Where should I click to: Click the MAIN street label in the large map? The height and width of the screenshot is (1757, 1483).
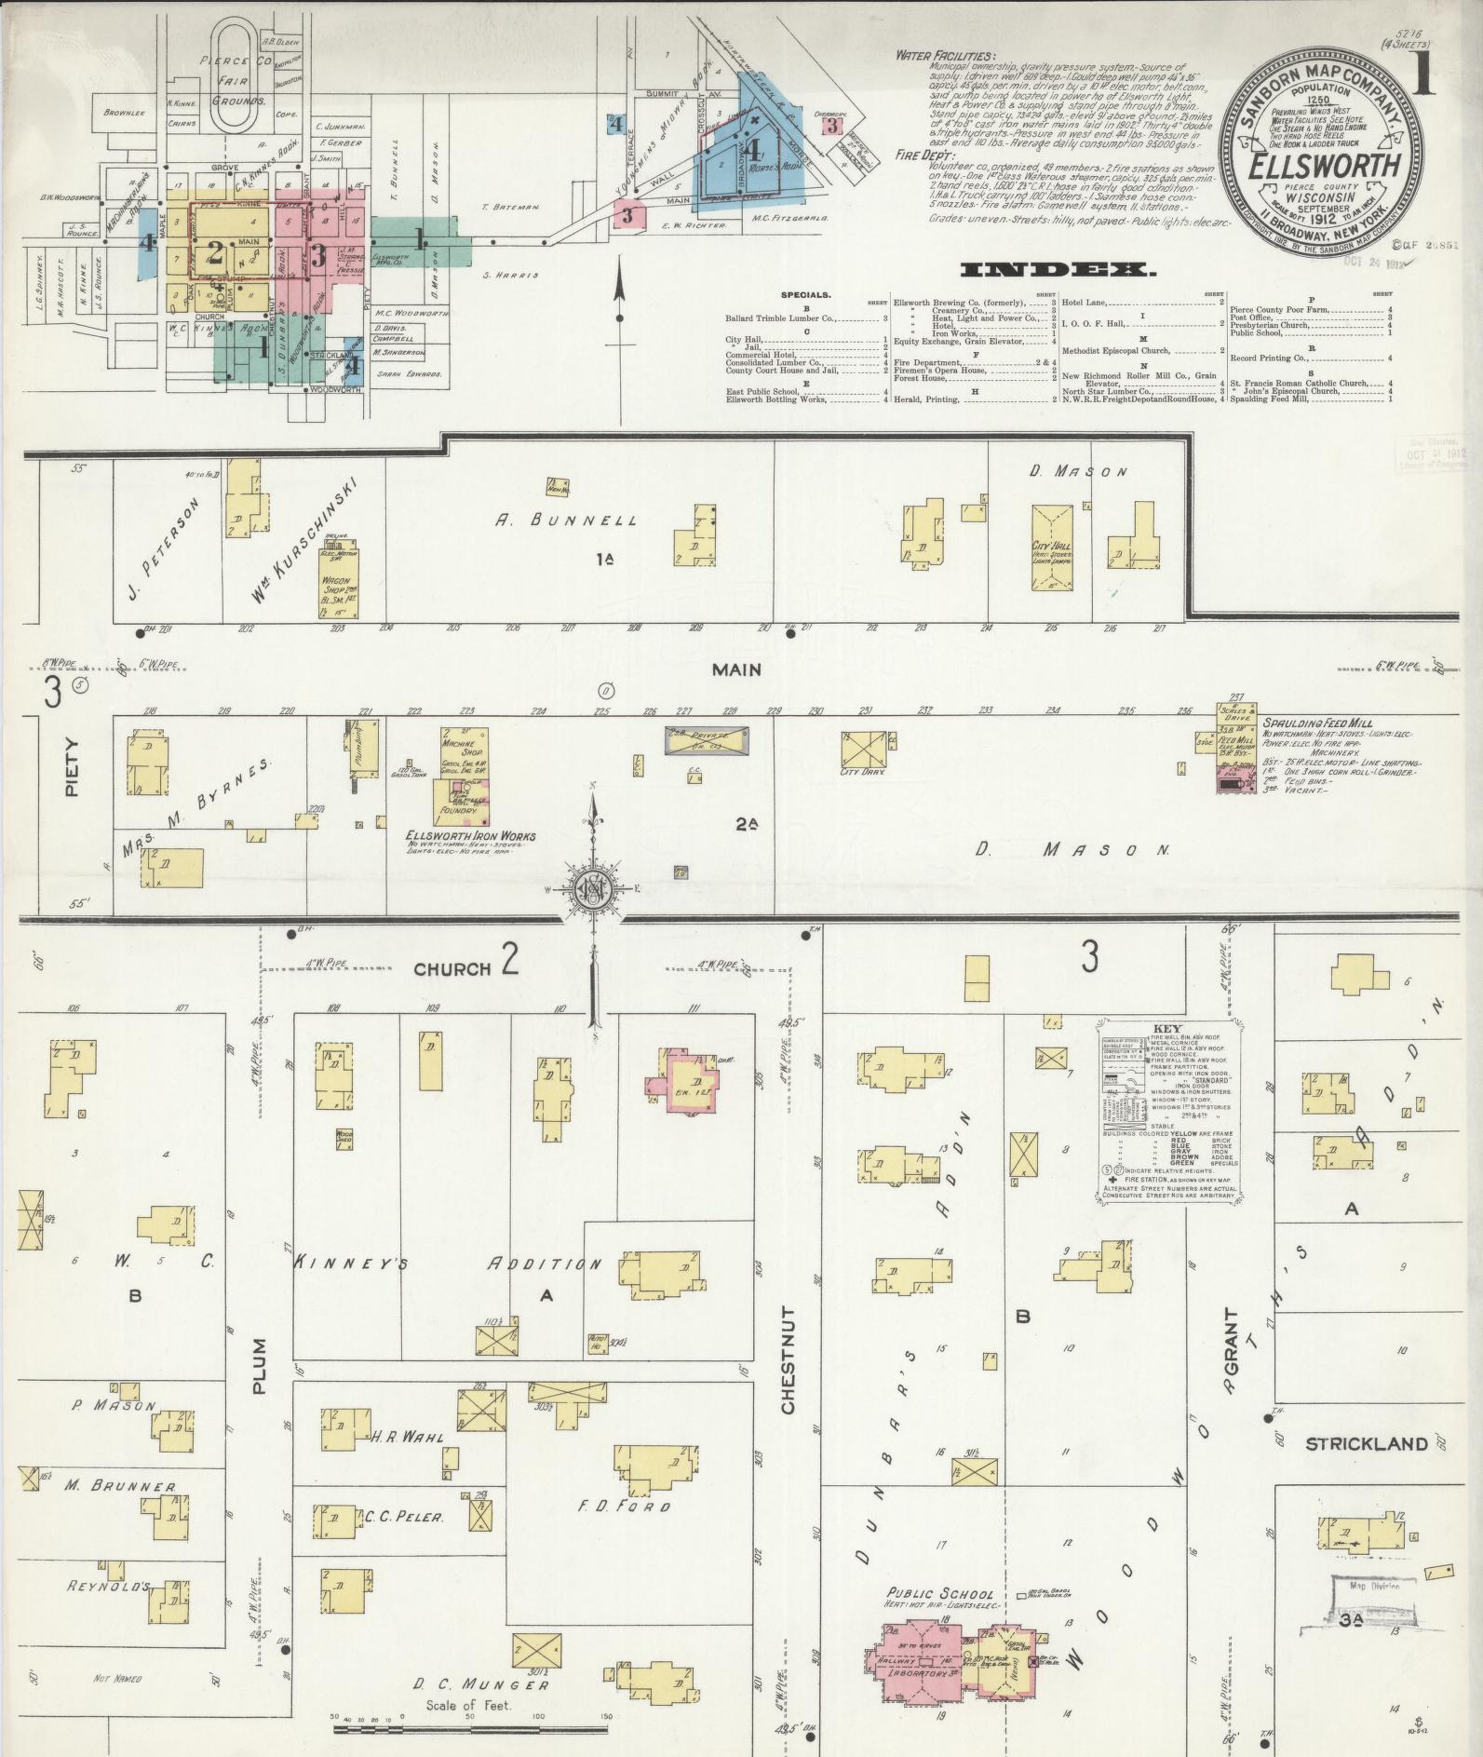pos(736,669)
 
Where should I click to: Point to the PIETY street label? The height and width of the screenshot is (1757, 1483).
pos(73,768)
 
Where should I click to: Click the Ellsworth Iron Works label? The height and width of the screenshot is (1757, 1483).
pos(470,836)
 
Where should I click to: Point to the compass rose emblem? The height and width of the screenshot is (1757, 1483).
pos(592,889)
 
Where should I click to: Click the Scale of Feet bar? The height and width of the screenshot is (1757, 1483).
pos(470,1729)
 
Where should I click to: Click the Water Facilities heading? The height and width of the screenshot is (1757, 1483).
pos(944,56)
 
